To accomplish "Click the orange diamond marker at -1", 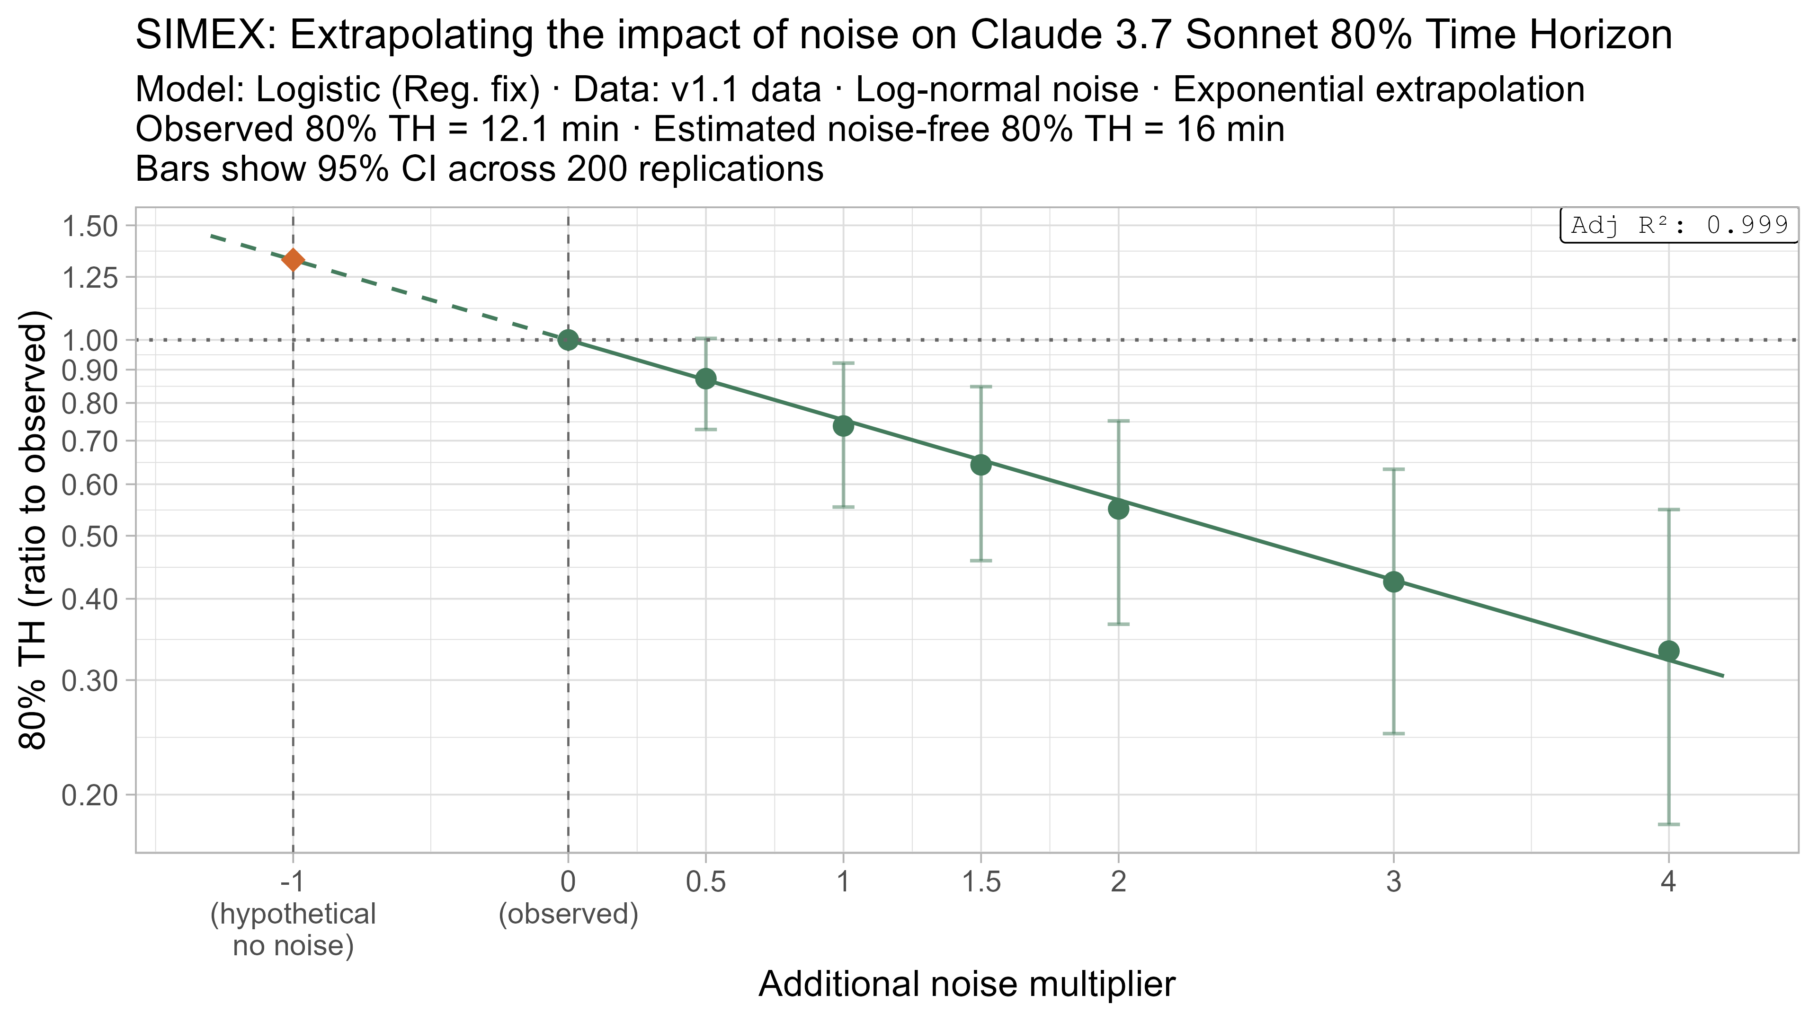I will coord(293,260).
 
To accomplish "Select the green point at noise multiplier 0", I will coord(568,340).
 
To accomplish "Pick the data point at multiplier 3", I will coord(1393,582).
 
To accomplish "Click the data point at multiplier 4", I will coord(1668,650).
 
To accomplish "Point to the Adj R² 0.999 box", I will coord(1679,226).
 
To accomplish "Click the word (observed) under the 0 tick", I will coord(568,914).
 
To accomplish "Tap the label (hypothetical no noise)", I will coord(293,930).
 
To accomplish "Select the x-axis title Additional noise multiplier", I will coord(967,984).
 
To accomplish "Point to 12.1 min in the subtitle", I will coord(549,130).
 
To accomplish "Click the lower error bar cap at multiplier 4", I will coord(1668,824).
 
